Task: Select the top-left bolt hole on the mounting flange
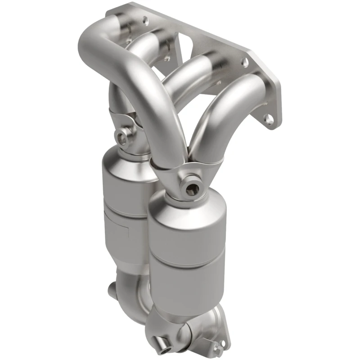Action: pos(145,20)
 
